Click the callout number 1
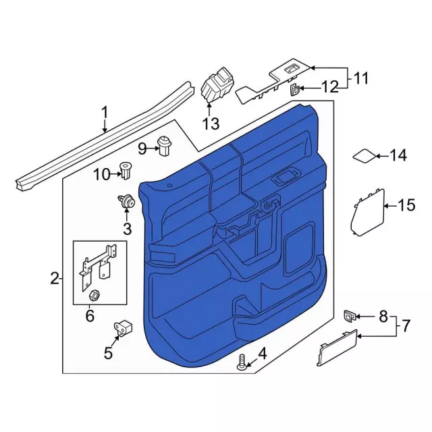pyautogui.click(x=105, y=113)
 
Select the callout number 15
pyautogui.click(x=406, y=205)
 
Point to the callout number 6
pyautogui.click(x=90, y=315)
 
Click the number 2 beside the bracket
pyautogui.click(x=55, y=278)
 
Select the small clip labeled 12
pyautogui.click(x=294, y=90)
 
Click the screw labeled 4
pyautogui.click(x=242, y=362)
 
